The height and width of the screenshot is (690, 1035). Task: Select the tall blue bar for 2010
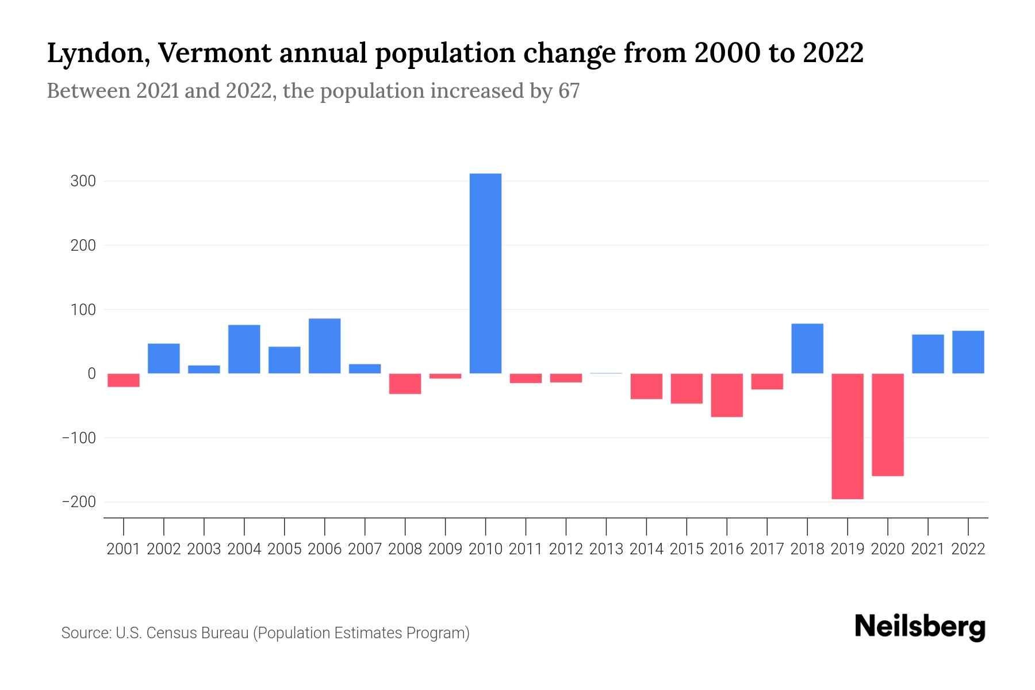pos(485,273)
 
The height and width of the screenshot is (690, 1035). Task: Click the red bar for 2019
pos(848,436)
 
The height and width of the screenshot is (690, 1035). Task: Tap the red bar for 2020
pos(888,424)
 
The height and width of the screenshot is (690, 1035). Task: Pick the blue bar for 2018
pos(807,348)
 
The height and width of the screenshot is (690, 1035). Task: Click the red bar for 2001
pos(124,380)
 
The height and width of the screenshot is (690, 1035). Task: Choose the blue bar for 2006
pos(324,346)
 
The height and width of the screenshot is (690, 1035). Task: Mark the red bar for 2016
pos(727,395)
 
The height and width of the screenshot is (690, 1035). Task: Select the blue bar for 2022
pos(968,352)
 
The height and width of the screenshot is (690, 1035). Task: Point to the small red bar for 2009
pos(445,376)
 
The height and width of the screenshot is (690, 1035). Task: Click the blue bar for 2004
pos(244,349)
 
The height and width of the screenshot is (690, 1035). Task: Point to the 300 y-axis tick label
pos(83,181)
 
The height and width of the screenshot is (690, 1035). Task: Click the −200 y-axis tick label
pos(79,502)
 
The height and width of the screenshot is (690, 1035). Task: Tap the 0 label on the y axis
pos(91,374)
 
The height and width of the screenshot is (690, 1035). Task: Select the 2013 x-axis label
pos(606,549)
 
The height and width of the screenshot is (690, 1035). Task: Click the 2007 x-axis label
pos(365,549)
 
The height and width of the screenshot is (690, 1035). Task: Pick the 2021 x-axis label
pos(928,549)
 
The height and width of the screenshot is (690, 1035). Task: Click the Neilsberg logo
pos(920,627)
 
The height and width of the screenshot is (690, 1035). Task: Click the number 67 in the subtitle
pos(569,91)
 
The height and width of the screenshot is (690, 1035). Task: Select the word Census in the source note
pos(170,633)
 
